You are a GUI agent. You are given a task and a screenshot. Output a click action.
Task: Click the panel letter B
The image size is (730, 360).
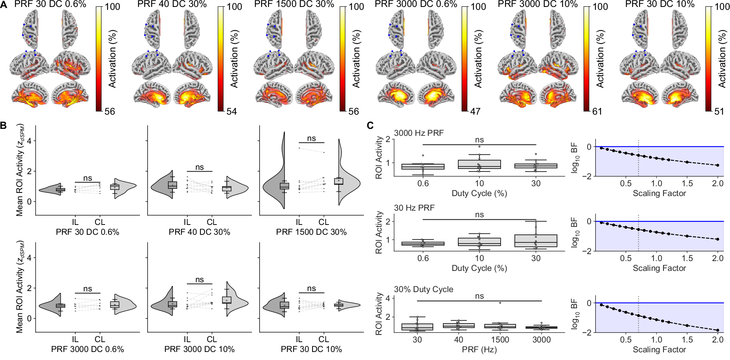point(3,126)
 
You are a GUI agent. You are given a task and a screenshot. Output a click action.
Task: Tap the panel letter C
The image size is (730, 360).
point(370,126)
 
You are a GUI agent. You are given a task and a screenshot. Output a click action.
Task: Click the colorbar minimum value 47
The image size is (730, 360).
point(475,111)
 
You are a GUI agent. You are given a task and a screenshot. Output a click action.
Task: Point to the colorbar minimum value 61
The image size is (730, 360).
point(597,111)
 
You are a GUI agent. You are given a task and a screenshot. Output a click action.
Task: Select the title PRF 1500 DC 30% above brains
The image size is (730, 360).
point(294,4)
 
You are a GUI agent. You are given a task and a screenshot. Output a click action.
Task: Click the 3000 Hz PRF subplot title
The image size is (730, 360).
point(419,133)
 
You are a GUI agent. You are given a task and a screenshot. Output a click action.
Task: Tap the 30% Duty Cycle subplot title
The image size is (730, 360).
point(423,289)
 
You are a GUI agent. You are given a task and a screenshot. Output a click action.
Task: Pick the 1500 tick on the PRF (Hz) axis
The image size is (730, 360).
point(500,340)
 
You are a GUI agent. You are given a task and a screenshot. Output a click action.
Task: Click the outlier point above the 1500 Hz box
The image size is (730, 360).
point(500,303)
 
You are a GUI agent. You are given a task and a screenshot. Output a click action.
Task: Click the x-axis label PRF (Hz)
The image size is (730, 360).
point(479,349)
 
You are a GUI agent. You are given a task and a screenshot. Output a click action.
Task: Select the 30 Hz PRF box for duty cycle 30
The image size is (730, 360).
point(536,241)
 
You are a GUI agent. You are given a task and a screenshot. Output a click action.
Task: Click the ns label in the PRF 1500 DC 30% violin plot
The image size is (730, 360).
point(312,138)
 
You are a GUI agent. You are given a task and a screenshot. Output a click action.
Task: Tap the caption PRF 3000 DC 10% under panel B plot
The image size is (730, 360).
point(199,349)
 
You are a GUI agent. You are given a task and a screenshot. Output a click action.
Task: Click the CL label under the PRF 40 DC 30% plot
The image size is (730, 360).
point(212,222)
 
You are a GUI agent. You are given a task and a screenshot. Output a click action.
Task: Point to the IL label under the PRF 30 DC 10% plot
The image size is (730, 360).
point(299,339)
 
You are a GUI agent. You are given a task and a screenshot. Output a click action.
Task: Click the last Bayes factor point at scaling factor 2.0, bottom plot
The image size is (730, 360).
point(718,330)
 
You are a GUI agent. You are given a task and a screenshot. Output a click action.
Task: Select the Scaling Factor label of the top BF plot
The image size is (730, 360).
point(659,194)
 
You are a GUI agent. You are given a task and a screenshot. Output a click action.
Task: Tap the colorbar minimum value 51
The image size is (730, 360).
point(719,111)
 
